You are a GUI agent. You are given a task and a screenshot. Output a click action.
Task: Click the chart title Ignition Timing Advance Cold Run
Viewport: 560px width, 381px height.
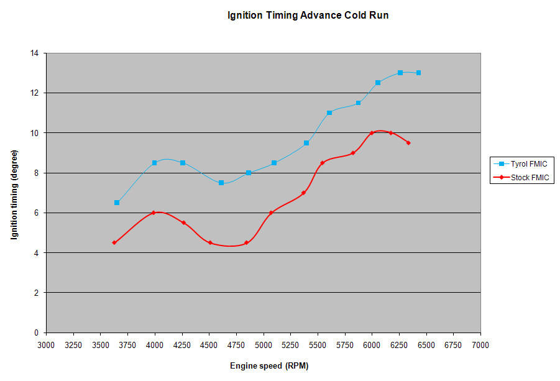[x=308, y=16]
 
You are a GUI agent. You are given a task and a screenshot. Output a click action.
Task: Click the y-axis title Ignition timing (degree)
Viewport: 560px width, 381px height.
[x=14, y=193]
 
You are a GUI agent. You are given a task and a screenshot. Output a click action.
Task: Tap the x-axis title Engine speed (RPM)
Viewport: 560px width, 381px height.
[x=269, y=365]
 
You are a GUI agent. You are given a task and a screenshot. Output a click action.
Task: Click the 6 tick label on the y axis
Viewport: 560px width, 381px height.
[x=36, y=213]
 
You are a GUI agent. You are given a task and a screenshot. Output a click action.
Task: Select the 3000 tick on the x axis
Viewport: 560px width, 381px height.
[x=46, y=344]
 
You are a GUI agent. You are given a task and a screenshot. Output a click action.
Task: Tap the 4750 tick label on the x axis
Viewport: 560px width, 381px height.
[x=236, y=344]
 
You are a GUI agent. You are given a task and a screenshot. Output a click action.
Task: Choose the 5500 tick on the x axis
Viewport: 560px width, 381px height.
[x=318, y=344]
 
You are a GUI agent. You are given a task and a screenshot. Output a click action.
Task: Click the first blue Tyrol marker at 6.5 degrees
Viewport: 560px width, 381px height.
[x=117, y=203]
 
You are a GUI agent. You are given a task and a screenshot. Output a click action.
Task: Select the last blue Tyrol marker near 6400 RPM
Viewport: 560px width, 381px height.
[x=418, y=73]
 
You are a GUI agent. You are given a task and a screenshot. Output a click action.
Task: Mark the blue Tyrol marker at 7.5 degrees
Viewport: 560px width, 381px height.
[x=221, y=183]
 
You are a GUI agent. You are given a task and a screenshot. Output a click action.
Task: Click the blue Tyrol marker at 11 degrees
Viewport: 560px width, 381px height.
[x=329, y=112]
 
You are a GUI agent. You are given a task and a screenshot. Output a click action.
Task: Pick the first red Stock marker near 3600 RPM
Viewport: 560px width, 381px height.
[x=114, y=242]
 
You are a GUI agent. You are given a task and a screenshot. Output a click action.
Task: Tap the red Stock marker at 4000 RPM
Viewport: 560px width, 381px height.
[x=153, y=213]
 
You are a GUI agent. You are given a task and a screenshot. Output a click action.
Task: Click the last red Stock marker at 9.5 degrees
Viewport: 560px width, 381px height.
[x=408, y=142]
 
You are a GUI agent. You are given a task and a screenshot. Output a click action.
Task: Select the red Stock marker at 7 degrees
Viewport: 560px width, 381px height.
[x=303, y=193]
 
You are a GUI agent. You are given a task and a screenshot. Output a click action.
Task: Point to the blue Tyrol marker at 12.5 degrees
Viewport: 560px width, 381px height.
[x=378, y=83]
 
